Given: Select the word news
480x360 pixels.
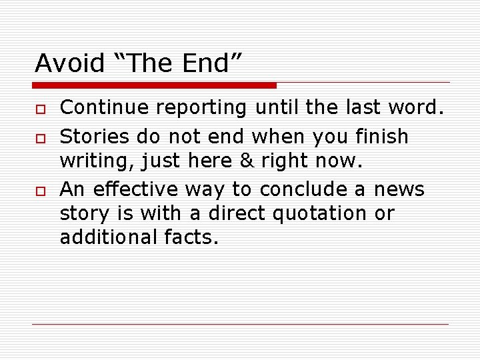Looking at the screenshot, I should pyautogui.click(x=399, y=189).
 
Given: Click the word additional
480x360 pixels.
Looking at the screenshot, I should pyautogui.click(x=107, y=238).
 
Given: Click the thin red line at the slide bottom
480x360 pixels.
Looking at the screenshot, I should pyautogui.click(x=240, y=325).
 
